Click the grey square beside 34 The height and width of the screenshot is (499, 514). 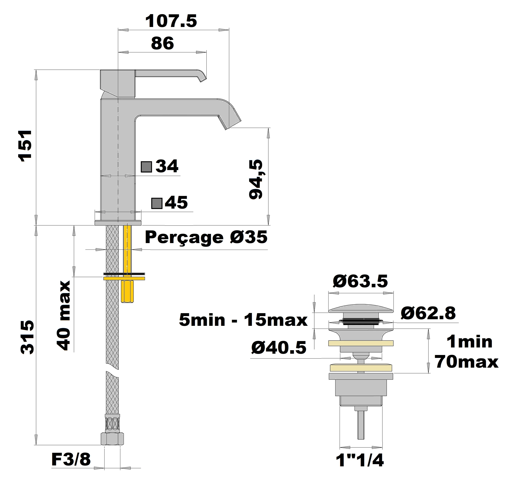(x=146, y=167)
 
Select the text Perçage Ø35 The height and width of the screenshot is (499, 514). (x=206, y=237)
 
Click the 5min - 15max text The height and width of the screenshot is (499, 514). (x=243, y=320)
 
